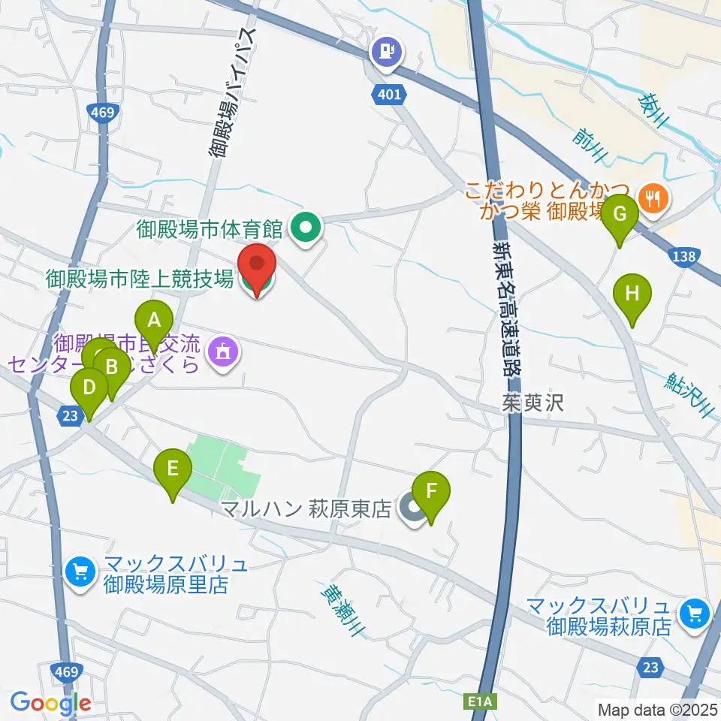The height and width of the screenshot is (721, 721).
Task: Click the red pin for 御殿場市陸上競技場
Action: [257, 268]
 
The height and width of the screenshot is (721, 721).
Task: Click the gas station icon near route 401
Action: [387, 52]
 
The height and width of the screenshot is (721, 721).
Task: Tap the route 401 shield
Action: [389, 94]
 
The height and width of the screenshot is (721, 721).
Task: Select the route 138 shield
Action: [683, 257]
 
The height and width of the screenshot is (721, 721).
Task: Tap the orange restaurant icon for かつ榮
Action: [650, 198]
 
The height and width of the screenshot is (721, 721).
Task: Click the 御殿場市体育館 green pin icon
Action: [306, 227]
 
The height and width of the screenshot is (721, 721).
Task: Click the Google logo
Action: [50, 704]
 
